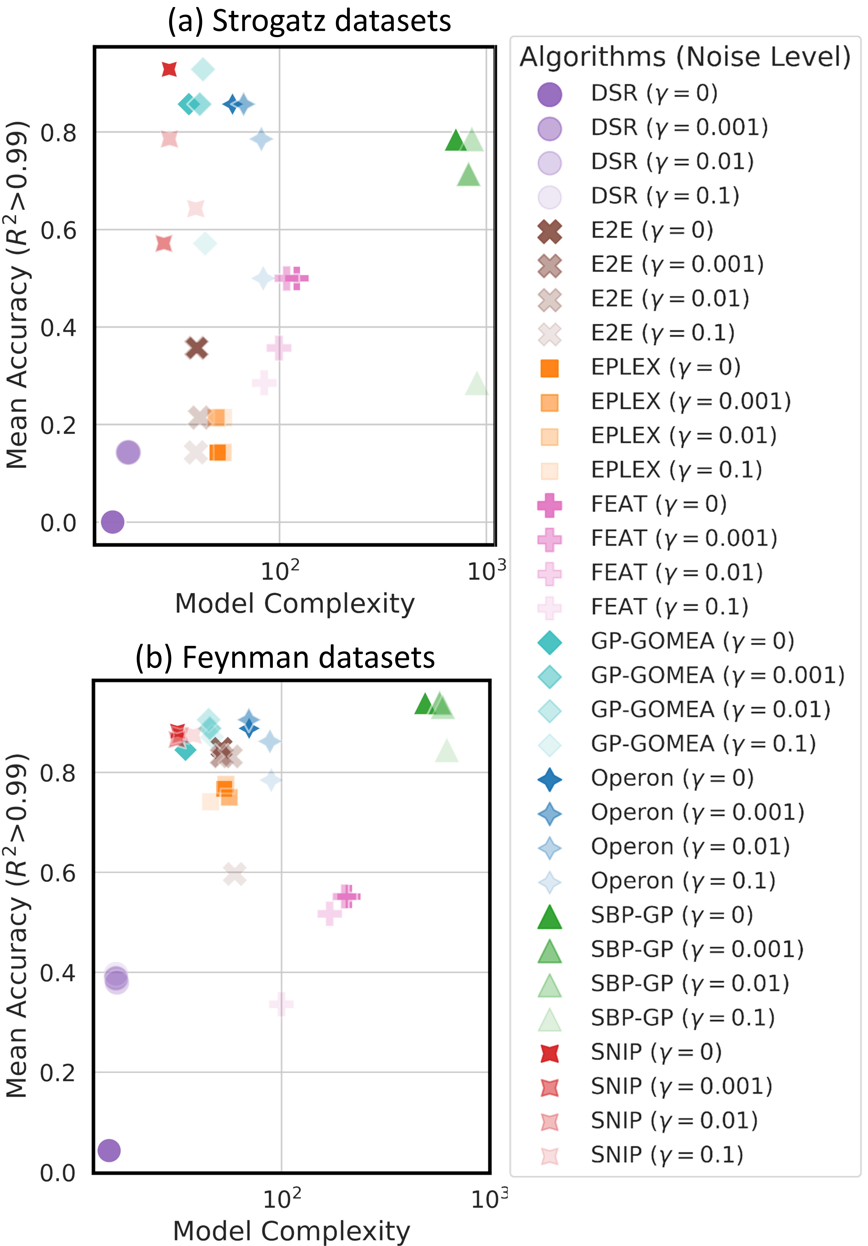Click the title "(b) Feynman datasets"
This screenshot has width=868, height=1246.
click(x=285, y=657)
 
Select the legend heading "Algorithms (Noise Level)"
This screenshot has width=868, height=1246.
click(x=685, y=56)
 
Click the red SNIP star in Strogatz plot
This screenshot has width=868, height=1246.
click(x=169, y=69)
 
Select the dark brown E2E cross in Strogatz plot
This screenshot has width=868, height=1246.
click(x=196, y=348)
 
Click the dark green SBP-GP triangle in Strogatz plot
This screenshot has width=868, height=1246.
click(x=456, y=140)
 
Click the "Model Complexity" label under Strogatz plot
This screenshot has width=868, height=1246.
click(x=295, y=603)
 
